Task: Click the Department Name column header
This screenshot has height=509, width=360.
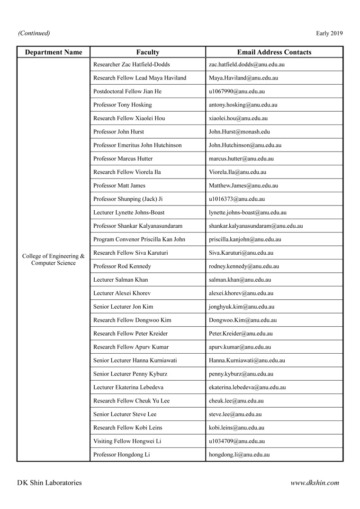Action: [54, 52]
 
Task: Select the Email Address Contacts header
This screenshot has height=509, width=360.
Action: [274, 52]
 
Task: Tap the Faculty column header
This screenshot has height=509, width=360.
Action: [148, 52]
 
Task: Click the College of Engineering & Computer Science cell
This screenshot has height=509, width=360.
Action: [54, 259]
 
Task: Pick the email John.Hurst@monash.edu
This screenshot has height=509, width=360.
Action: [239, 132]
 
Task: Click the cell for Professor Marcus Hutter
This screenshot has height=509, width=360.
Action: [123, 159]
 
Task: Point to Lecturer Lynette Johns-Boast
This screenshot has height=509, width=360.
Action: [129, 213]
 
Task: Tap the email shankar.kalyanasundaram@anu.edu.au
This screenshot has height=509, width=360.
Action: [256, 226]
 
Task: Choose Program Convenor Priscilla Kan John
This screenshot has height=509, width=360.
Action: [139, 240]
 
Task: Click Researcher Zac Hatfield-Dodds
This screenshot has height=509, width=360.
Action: [132, 64]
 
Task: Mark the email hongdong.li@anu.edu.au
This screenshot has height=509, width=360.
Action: [239, 455]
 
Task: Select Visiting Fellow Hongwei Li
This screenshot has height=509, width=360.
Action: [127, 441]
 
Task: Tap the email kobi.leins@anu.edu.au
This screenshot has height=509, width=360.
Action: [236, 428]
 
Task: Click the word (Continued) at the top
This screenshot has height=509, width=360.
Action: [34, 33]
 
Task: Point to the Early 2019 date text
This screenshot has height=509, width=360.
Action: [329, 33]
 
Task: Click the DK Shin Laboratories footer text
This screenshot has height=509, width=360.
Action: [49, 483]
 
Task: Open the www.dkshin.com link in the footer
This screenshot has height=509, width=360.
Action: [315, 483]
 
